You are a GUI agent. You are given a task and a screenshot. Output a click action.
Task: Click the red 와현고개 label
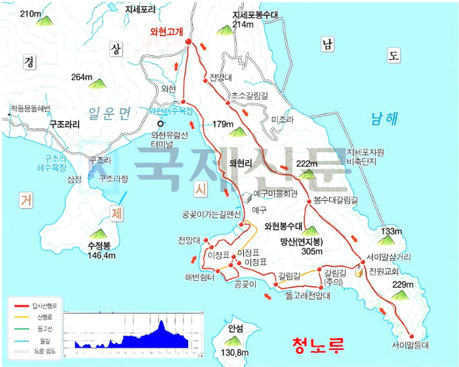click(x=167, y=31)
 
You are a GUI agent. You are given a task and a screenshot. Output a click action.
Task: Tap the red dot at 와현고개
click(x=188, y=43)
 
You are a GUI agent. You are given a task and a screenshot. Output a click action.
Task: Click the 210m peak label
click(x=31, y=13)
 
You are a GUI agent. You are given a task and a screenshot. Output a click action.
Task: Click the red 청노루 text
click(x=318, y=343)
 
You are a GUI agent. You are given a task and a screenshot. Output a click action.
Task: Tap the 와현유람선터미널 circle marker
click(x=159, y=123)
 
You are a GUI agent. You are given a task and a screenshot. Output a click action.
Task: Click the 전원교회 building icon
click(x=360, y=272)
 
